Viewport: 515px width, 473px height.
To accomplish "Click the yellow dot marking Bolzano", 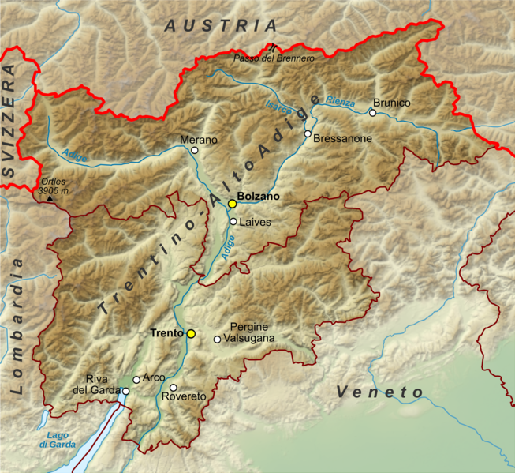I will pos(232,204).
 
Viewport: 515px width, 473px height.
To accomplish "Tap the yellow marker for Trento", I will pos(191,334).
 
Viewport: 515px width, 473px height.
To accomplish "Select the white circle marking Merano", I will pos(194,149).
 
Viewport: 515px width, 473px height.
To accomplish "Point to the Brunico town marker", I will pos(372,113).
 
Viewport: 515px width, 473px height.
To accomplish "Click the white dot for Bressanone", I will pos(308,133).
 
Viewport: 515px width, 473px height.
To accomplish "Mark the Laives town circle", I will pos(233,222).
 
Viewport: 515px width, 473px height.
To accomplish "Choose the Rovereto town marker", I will pos(174,387).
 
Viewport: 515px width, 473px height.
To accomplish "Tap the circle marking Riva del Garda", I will pos(125,391).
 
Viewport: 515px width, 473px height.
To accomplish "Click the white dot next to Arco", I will pos(136,380).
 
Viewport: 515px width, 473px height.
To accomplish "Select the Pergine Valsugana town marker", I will pos(217,340).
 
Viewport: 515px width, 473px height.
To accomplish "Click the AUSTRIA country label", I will pos(221,25).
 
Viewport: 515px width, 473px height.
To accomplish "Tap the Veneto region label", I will pos(379,392).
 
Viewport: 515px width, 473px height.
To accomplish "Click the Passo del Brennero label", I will pos(274,58).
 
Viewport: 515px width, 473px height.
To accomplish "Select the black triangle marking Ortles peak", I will pos(50,198).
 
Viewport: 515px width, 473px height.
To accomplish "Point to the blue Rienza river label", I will pos(339,102).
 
